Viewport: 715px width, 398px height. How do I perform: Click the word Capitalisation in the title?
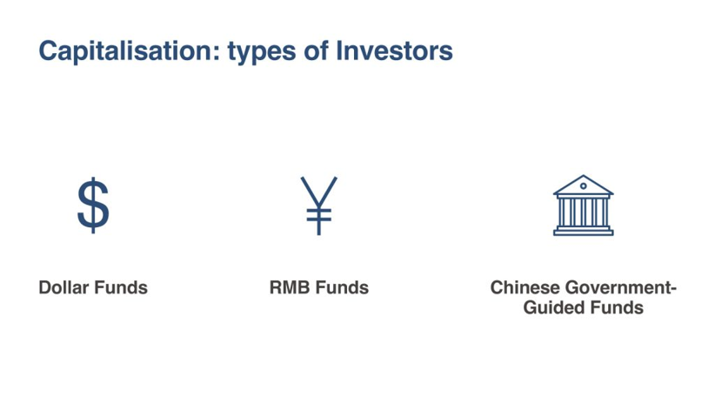pos(125,51)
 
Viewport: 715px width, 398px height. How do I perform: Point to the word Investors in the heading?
pos(394,51)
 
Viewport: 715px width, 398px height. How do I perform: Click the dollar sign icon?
pos(93,205)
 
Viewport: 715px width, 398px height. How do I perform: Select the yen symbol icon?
pos(318,206)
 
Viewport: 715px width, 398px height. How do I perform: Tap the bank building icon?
pos(583,206)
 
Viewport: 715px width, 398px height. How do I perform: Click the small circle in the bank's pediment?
pos(583,186)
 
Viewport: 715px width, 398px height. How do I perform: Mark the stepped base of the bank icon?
pos(583,231)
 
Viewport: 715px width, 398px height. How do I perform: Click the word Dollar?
pos(63,287)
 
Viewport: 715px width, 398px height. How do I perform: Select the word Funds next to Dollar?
pos(121,287)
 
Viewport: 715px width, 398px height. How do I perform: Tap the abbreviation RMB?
pos(290,287)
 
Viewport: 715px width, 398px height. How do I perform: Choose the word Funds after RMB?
pos(342,287)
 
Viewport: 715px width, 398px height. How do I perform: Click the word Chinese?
pos(525,287)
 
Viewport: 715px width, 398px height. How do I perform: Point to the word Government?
pos(618,287)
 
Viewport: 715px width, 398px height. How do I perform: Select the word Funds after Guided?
pos(617,307)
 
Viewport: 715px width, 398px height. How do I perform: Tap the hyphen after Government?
pos(673,289)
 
